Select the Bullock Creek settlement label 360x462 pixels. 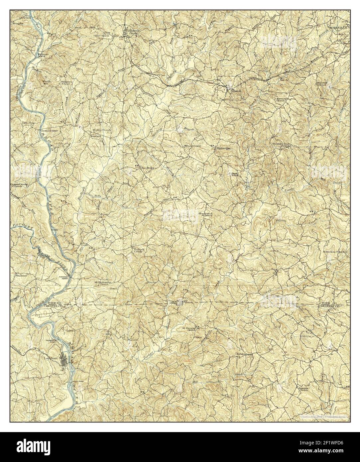(138, 250)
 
